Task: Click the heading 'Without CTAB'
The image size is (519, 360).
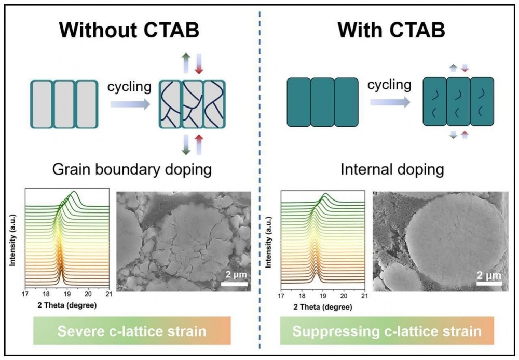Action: pyautogui.click(x=129, y=31)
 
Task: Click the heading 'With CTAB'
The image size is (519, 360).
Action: pyautogui.click(x=391, y=31)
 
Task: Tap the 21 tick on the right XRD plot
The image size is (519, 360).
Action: pyautogui.click(x=364, y=295)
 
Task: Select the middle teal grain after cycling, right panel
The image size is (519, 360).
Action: pyautogui.click(x=458, y=101)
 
